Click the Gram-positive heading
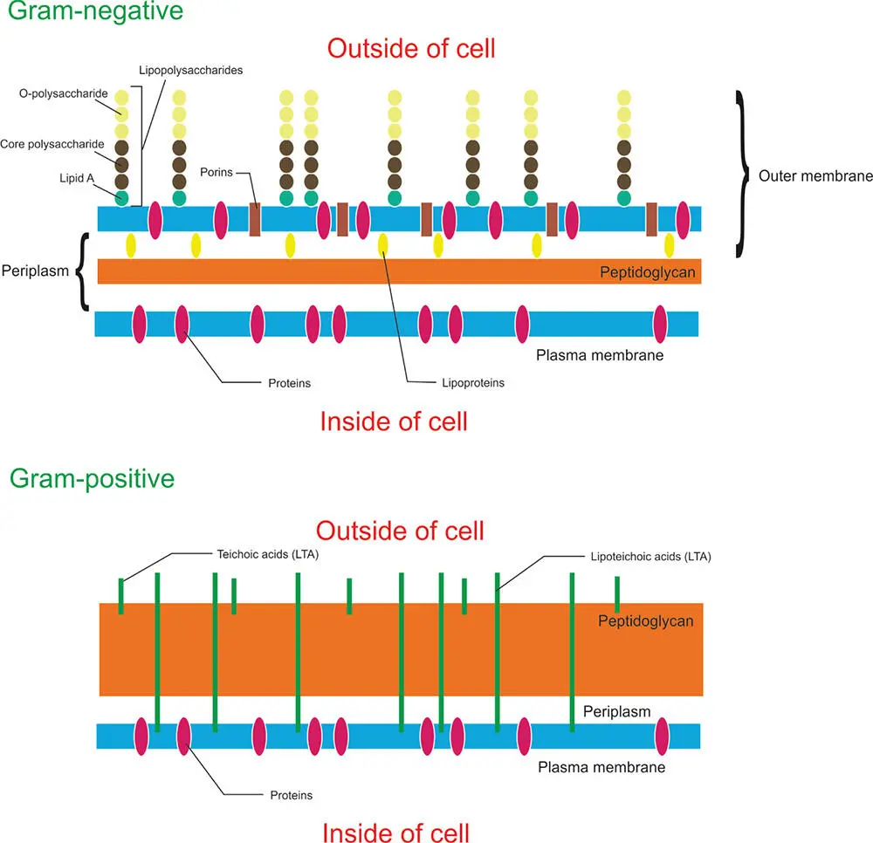[92, 478]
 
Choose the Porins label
[217, 172]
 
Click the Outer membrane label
[815, 175]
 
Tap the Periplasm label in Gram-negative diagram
[35, 271]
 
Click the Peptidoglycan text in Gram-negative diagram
[647, 272]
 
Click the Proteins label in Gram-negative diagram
[289, 382]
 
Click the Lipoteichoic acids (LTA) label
[645, 555]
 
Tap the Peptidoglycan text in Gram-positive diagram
[645, 621]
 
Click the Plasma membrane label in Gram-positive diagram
[601, 767]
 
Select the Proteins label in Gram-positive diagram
[291, 795]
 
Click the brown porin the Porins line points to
[255, 219]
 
